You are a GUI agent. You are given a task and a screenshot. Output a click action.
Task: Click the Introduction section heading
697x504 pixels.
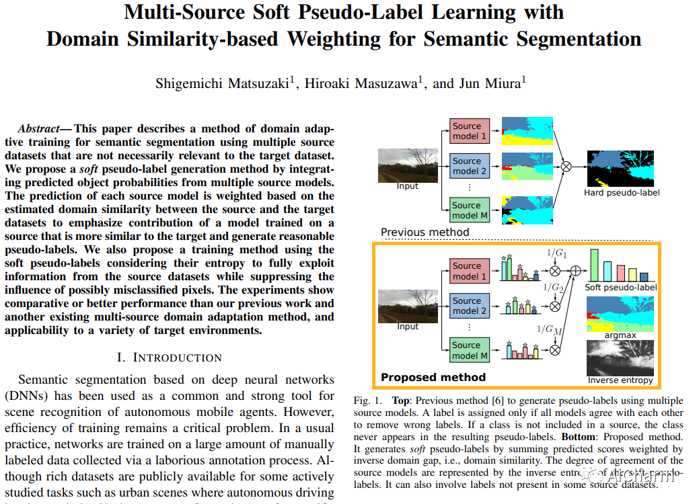pos(170,357)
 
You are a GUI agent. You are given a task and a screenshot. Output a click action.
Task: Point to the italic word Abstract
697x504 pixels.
pos(42,128)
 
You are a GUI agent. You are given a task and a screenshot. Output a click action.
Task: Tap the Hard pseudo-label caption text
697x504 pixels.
pos(622,193)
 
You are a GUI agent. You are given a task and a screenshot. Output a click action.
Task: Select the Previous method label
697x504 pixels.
pos(425,233)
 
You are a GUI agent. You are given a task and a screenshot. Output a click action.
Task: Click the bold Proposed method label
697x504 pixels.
pos(433,377)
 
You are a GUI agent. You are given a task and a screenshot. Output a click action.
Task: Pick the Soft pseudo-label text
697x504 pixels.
pos(621,288)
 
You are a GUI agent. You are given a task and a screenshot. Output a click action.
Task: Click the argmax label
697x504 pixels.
pos(621,333)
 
